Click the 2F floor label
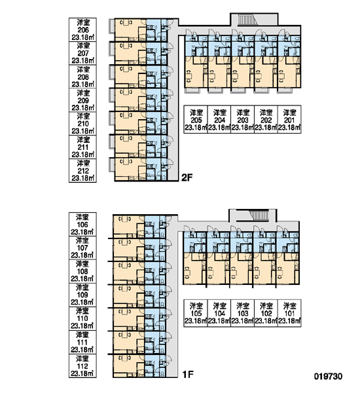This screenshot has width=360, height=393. tap(187, 178)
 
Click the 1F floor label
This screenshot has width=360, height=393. tap(188, 375)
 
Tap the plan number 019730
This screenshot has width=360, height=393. tap(328, 376)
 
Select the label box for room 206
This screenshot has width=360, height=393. tap(82, 29)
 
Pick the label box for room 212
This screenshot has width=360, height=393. tap(82, 170)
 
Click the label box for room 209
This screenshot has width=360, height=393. tap(82, 100)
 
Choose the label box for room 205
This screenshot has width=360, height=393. tap(196, 119)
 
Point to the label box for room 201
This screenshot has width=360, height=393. tap(289, 119)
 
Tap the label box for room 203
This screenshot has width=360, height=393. tap(242, 119)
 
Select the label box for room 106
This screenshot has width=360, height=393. tap(82, 224)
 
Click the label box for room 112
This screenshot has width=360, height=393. tap(82, 365)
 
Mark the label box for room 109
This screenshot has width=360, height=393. tap(82, 295)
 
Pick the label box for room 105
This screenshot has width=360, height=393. tap(196, 313)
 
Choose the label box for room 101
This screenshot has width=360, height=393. tap(289, 313)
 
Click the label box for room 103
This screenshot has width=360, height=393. tap(242, 313)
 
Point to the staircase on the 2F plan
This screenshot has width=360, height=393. tap(246, 20)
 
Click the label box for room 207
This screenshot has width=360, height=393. tap(82, 53)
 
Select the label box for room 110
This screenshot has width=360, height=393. tap(82, 318)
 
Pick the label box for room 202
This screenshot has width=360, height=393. tap(266, 119)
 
